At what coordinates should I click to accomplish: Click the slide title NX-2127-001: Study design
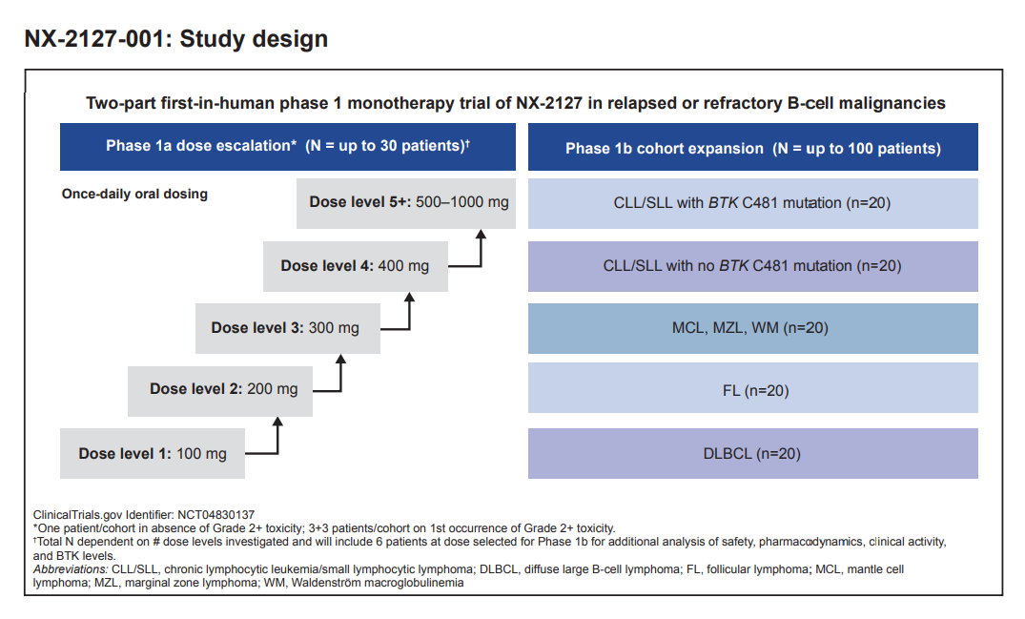176,39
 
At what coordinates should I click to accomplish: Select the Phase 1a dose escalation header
287,147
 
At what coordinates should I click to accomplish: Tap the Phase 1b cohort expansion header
752,148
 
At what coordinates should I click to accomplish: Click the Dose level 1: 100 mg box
153,453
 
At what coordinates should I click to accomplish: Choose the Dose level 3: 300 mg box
285,327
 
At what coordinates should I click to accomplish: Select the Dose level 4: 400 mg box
355,265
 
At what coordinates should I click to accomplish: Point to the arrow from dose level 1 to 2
277,438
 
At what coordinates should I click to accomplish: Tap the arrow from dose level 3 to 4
409,314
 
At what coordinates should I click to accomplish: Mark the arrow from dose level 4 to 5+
480,250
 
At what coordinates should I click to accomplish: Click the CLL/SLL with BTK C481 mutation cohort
752,202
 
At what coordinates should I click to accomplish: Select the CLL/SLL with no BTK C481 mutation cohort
752,265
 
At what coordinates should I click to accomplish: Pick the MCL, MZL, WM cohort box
752,328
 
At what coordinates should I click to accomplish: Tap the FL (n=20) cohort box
752,390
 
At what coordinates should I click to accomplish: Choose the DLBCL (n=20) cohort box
752,453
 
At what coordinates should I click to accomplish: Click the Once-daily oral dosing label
134,194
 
